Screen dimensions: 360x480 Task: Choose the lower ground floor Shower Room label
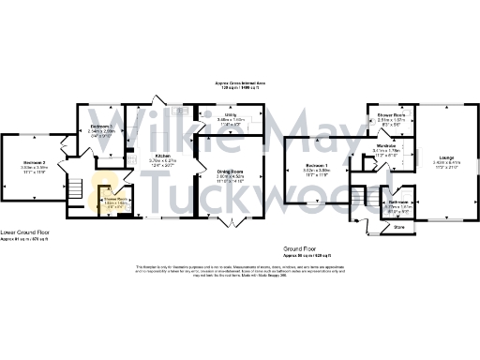[x=115, y=198]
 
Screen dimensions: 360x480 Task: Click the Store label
[x=397, y=226]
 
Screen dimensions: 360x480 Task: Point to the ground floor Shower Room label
[x=392, y=116]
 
